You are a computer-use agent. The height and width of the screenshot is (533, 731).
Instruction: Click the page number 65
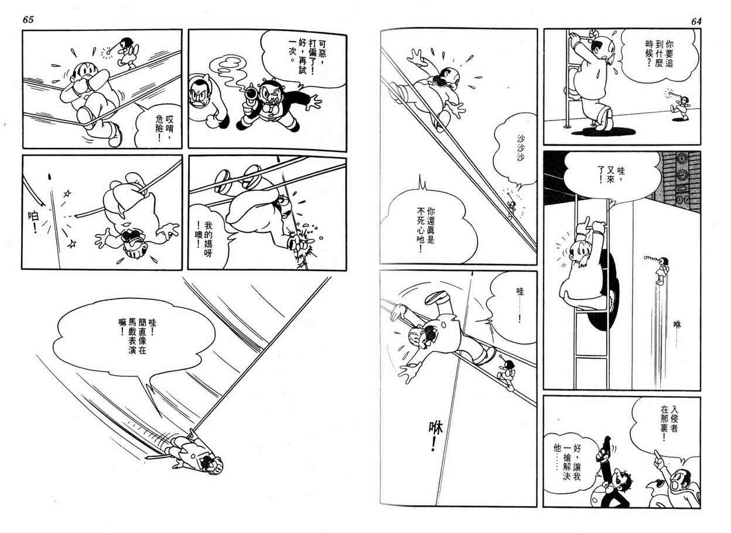pos(28,19)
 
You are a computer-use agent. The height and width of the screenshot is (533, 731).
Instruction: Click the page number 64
pos(696,21)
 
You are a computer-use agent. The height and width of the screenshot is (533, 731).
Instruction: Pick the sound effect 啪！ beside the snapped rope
pos(33,222)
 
